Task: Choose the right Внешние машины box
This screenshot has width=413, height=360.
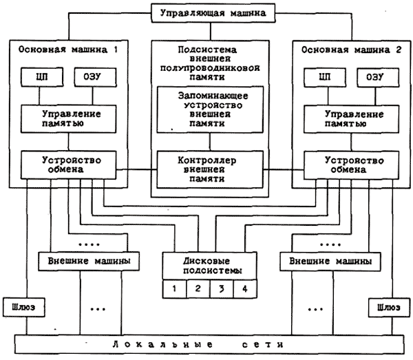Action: (x=328, y=262)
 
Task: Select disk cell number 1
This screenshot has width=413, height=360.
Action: (x=175, y=288)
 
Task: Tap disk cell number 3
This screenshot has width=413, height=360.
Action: (x=221, y=288)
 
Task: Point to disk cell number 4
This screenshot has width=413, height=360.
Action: (x=244, y=288)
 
